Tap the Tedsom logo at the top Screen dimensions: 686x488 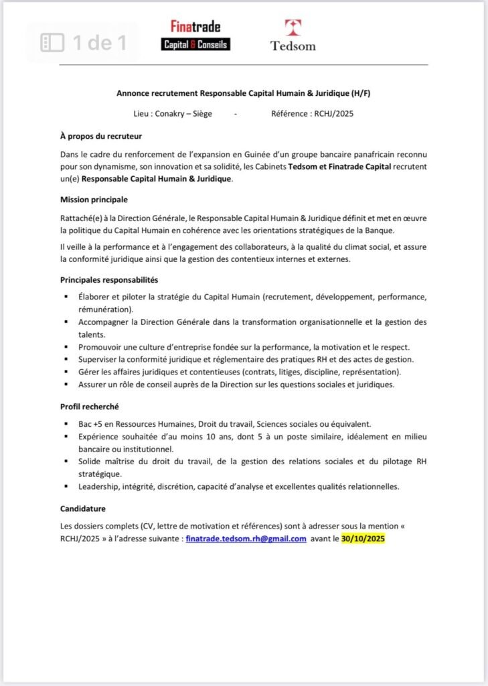coord(293,36)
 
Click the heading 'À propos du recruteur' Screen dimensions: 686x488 coord(101,137)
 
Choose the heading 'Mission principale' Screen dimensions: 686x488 coord(94,200)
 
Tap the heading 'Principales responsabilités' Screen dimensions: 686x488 coord(109,279)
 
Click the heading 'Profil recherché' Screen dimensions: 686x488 coord(89,407)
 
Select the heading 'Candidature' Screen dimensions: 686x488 coord(83,509)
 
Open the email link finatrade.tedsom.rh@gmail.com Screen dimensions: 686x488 coord(246,539)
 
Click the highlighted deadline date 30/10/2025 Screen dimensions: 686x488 coord(363,539)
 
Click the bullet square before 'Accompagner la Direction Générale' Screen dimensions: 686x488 coord(66,322)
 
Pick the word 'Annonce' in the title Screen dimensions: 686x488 coord(132,94)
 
